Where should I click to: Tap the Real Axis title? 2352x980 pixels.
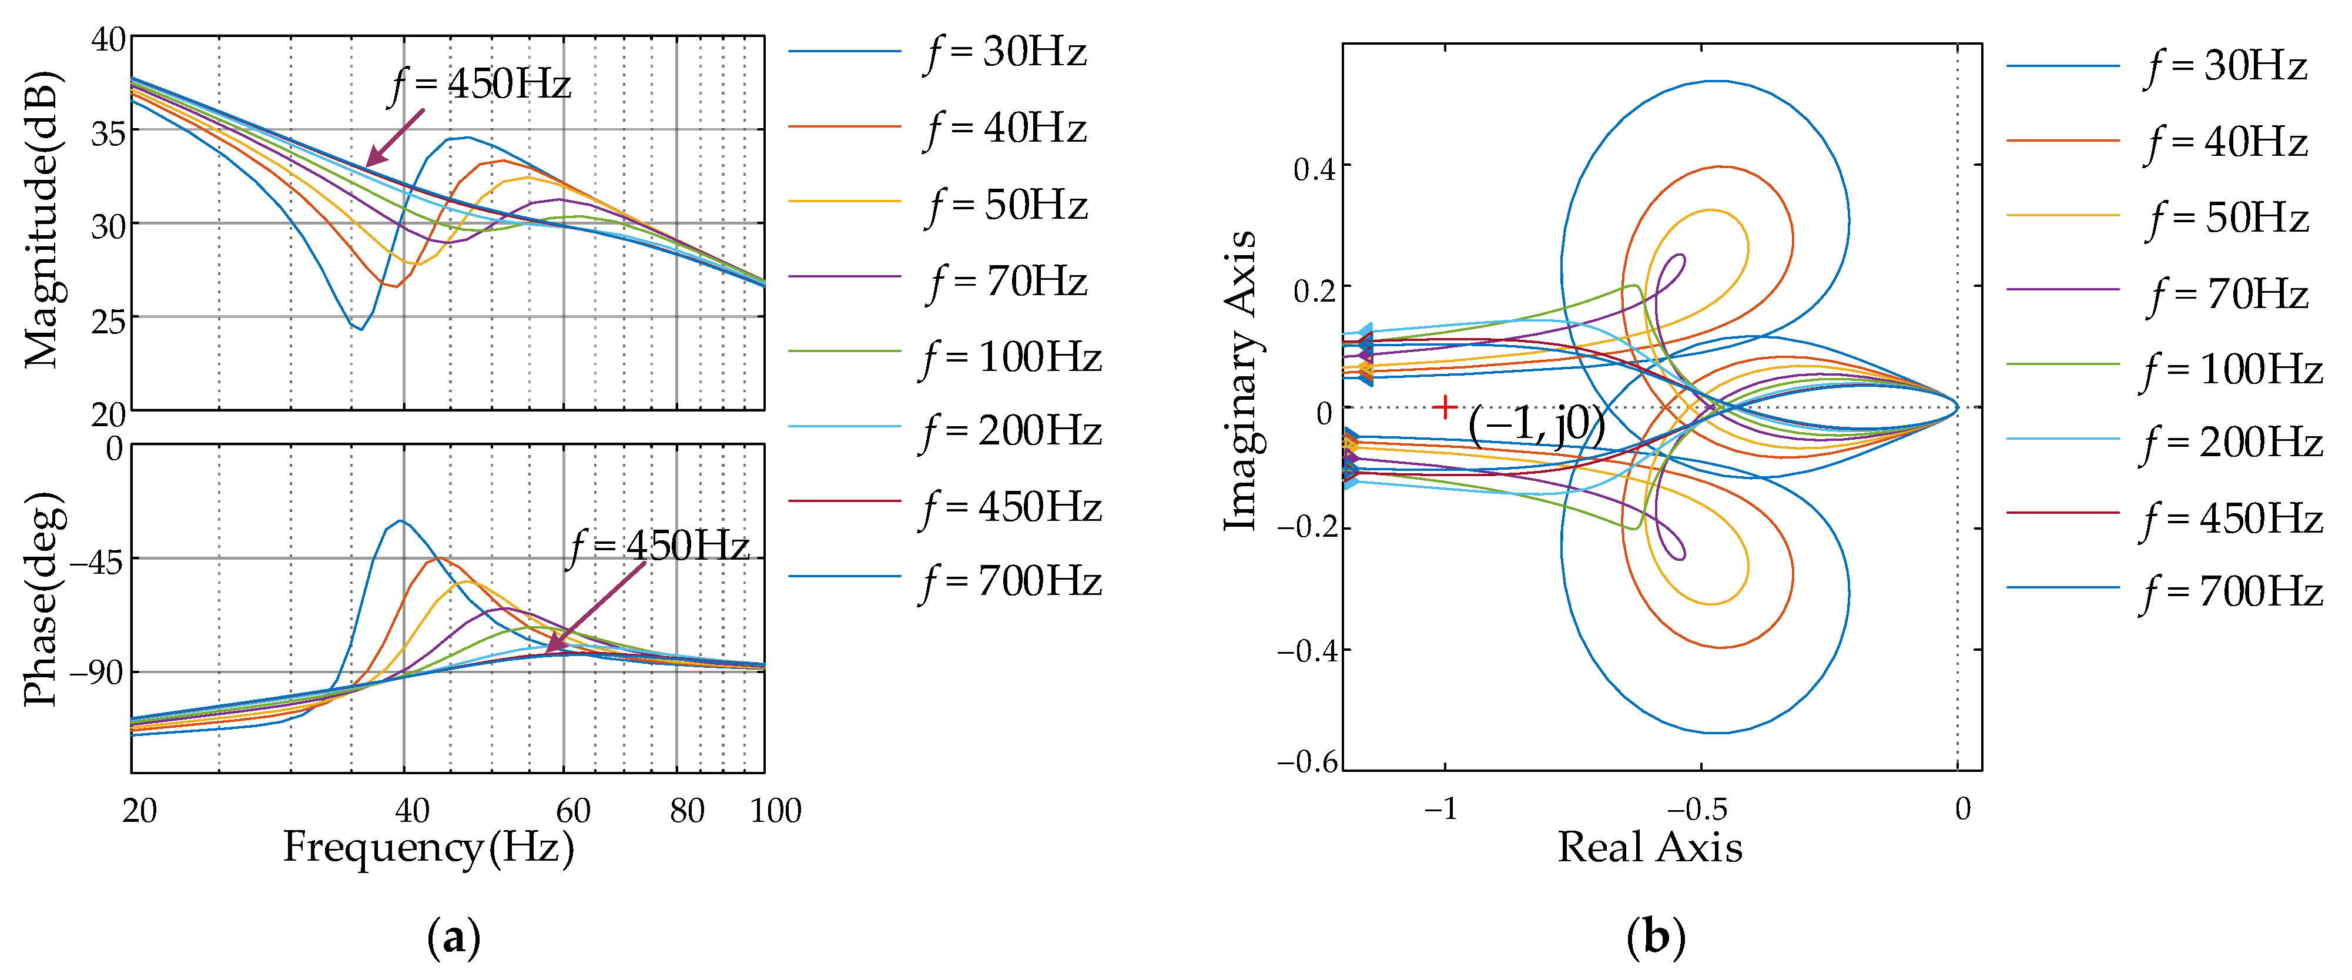tap(1649, 848)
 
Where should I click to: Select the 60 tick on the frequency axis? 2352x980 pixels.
tap(574, 810)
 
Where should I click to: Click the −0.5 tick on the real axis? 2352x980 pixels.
tap(1697, 809)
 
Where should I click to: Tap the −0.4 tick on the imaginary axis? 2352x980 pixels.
tap(1306, 651)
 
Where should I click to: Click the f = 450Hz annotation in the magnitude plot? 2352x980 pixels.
tap(480, 85)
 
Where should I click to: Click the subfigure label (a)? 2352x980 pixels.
tap(453, 938)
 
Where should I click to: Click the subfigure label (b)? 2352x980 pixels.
tap(1656, 938)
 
